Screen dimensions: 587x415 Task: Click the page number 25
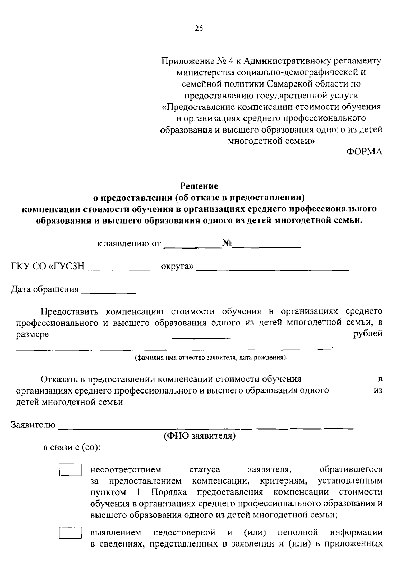click(x=199, y=29)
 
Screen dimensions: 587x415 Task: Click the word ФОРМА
click(x=364, y=152)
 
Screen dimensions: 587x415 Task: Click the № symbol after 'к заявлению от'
click(x=227, y=244)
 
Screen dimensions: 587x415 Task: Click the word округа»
click(x=177, y=267)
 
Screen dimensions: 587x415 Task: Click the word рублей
click(x=368, y=334)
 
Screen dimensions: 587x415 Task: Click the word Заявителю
click(x=33, y=425)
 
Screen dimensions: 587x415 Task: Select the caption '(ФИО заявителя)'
click(x=200, y=436)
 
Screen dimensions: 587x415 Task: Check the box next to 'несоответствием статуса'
click(x=70, y=470)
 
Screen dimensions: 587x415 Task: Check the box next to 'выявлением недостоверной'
click(x=70, y=533)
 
